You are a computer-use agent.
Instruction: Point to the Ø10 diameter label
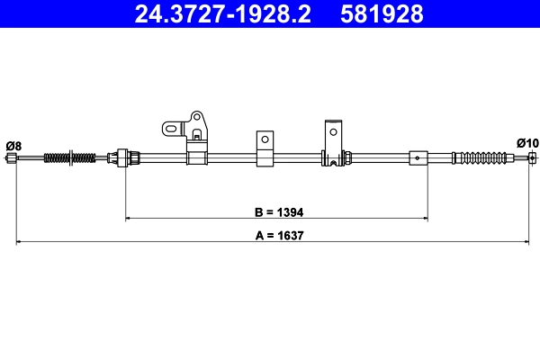coord(527,142)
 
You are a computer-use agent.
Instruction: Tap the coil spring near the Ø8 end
coord(69,159)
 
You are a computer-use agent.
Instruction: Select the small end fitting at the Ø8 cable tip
coord(11,159)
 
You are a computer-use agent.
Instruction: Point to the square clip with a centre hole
coord(265,142)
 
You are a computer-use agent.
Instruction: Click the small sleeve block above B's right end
coord(418,158)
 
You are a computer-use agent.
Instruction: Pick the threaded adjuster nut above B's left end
coord(127,158)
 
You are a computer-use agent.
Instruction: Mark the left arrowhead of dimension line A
coord(19,242)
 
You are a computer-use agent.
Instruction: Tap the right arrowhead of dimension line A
coord(525,242)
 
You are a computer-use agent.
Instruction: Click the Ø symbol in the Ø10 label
coord(521,142)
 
